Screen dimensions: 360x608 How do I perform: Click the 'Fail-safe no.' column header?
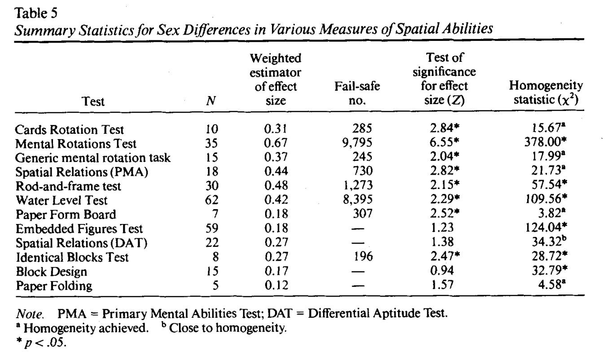[x=358, y=93]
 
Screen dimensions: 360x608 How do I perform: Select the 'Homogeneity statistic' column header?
[x=545, y=92]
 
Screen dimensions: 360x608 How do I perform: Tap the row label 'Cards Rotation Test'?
[x=69, y=130]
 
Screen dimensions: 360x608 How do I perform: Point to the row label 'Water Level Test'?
[x=61, y=200]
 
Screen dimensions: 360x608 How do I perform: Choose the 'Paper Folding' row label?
[x=53, y=285]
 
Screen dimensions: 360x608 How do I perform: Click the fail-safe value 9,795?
[x=358, y=144]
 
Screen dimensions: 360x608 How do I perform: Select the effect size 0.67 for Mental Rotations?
[x=276, y=144]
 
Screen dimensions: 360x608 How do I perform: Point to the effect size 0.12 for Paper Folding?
[x=276, y=285]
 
